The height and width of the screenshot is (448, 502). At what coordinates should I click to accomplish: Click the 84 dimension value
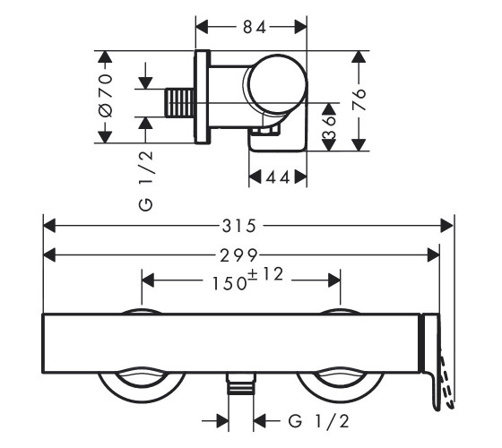[255, 27]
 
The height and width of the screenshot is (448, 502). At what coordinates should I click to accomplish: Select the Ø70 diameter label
[106, 95]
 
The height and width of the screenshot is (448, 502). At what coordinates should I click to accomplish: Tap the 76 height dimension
[359, 99]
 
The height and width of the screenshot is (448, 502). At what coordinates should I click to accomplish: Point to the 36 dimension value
[330, 126]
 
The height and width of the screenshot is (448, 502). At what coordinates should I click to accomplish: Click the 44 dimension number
[278, 177]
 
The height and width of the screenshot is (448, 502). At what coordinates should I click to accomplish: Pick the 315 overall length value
[239, 226]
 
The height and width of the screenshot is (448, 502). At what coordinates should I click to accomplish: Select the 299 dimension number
[238, 255]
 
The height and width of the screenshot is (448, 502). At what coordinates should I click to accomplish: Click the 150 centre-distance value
[229, 283]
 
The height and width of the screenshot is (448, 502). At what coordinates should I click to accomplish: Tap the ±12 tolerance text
[266, 274]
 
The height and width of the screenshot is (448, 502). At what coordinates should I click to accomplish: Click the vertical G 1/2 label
[146, 180]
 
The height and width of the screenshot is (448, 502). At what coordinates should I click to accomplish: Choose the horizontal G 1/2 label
[319, 421]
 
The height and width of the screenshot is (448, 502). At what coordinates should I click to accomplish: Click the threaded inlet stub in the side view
[179, 103]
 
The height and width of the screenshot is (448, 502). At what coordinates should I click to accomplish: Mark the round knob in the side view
[275, 84]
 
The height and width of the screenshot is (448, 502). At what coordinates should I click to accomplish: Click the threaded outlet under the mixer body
[241, 383]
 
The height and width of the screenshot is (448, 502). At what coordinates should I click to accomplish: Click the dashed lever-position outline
[446, 381]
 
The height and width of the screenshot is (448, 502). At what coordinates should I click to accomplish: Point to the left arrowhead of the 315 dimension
[49, 226]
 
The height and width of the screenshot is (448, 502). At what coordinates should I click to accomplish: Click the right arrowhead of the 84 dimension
[300, 27]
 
